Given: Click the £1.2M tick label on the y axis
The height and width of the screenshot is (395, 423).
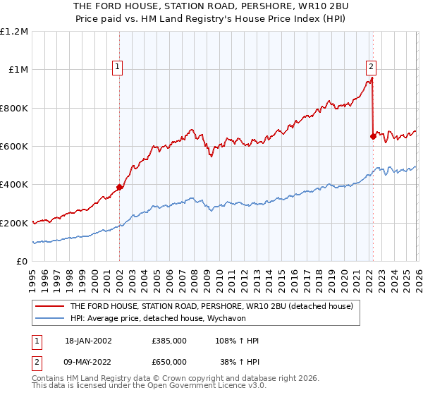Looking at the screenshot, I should [14, 32].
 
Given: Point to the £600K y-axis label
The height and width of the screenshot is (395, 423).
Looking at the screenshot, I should [14, 147].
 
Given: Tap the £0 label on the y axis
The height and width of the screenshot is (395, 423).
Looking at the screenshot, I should [22, 262].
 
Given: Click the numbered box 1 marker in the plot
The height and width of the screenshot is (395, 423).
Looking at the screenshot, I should [117, 68].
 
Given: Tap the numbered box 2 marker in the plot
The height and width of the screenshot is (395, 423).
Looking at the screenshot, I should [371, 68].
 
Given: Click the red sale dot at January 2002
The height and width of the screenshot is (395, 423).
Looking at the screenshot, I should [119, 188].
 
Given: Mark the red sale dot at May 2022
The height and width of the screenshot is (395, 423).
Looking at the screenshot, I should [372, 137].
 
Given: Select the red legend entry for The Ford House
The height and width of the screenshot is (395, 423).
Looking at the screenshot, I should [216, 306].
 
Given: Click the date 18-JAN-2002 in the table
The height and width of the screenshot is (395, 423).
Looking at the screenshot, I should [88, 341].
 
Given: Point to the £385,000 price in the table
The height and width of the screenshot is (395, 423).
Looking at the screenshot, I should [169, 341].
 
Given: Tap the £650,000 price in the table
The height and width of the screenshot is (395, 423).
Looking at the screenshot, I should [169, 360].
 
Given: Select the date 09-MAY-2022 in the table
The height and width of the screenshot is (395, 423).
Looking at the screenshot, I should [88, 360].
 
